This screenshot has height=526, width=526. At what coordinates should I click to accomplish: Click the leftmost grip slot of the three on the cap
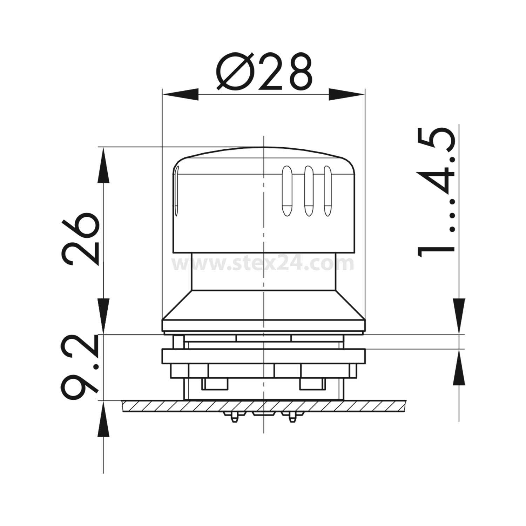pos(286,190)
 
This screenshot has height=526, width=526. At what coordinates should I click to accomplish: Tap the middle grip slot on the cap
pos(308,190)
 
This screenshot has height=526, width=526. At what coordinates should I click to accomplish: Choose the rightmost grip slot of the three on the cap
pos(328,190)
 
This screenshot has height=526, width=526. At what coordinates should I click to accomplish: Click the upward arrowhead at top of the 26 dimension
pos(103,165)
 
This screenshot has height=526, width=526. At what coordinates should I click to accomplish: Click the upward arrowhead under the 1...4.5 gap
pos(459,368)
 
